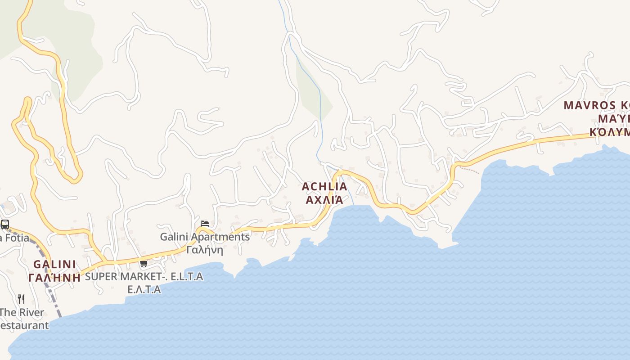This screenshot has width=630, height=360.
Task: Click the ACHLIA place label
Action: (324, 186)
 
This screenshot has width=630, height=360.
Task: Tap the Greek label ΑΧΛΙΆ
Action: (324, 199)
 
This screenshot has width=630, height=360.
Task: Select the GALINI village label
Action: (54, 264)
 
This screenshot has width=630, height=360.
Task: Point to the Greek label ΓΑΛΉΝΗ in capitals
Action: (54, 277)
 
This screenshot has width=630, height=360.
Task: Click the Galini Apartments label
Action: (205, 237)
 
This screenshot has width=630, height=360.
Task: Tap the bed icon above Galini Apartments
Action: (205, 224)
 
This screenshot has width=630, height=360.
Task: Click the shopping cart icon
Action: (144, 263)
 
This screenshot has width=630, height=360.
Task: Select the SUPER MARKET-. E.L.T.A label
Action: (144, 276)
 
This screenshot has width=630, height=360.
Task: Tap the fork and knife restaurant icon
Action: (21, 299)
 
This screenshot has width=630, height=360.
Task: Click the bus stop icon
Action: (5, 224)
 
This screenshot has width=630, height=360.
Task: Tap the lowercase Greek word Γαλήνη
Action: (205, 250)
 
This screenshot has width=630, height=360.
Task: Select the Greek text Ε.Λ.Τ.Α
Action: (144, 289)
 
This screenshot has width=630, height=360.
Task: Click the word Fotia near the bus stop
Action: (16, 238)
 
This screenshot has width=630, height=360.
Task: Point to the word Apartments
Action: (220, 237)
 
